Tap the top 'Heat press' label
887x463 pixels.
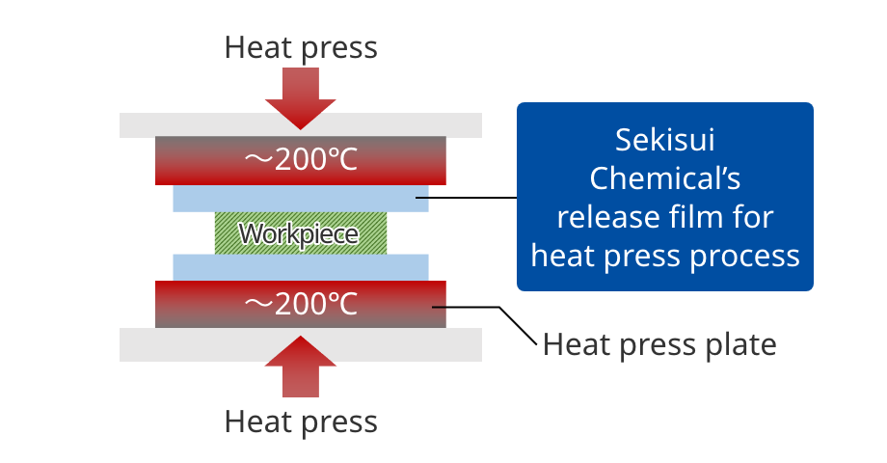[x=301, y=46]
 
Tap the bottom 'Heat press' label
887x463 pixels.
[x=301, y=422]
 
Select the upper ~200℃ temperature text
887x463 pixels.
[x=300, y=159]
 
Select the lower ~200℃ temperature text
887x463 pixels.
[x=300, y=305]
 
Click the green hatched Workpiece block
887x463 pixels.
[x=300, y=233]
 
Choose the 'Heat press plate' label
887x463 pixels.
[x=659, y=343]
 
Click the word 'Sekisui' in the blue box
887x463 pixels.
[x=665, y=140]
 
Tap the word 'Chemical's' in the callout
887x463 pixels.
[x=665, y=178]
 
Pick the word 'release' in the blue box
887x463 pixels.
[x=605, y=217]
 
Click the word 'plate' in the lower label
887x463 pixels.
[x=739, y=343]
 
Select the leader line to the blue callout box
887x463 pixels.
[x=472, y=199]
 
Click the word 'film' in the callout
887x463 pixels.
[x=691, y=217]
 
